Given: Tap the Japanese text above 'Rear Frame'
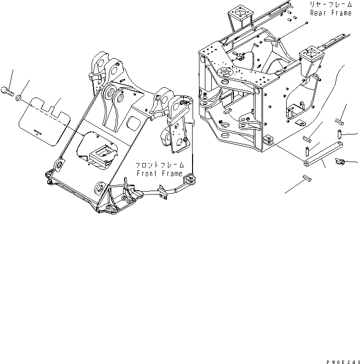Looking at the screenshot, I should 330,4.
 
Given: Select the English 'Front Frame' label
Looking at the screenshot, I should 160,173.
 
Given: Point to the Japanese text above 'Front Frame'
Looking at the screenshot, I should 160,165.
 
